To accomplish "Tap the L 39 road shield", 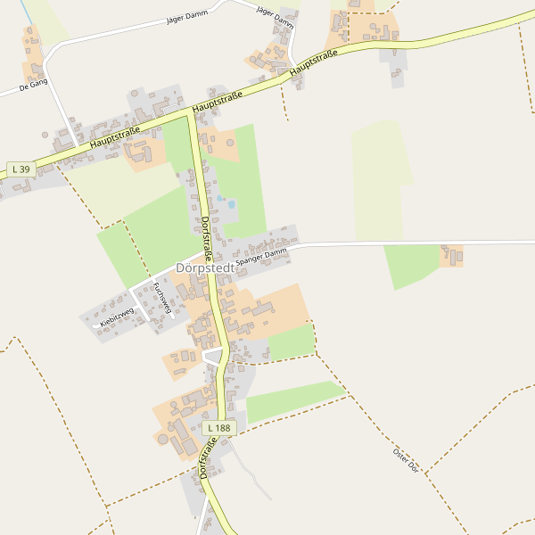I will click(x=21, y=169).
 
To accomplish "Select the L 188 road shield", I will click(x=218, y=428).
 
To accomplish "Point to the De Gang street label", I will click(x=33, y=86).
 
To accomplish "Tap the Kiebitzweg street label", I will click(x=116, y=315).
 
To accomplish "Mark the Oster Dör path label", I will click(x=406, y=459).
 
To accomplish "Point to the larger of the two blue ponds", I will click(x=231, y=204).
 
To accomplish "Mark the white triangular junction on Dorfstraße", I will click(x=212, y=357).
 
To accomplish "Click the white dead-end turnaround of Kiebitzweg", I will click(x=96, y=326).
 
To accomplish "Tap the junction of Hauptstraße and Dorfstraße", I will click(x=189, y=113).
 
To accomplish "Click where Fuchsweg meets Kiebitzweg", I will click(x=134, y=292).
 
